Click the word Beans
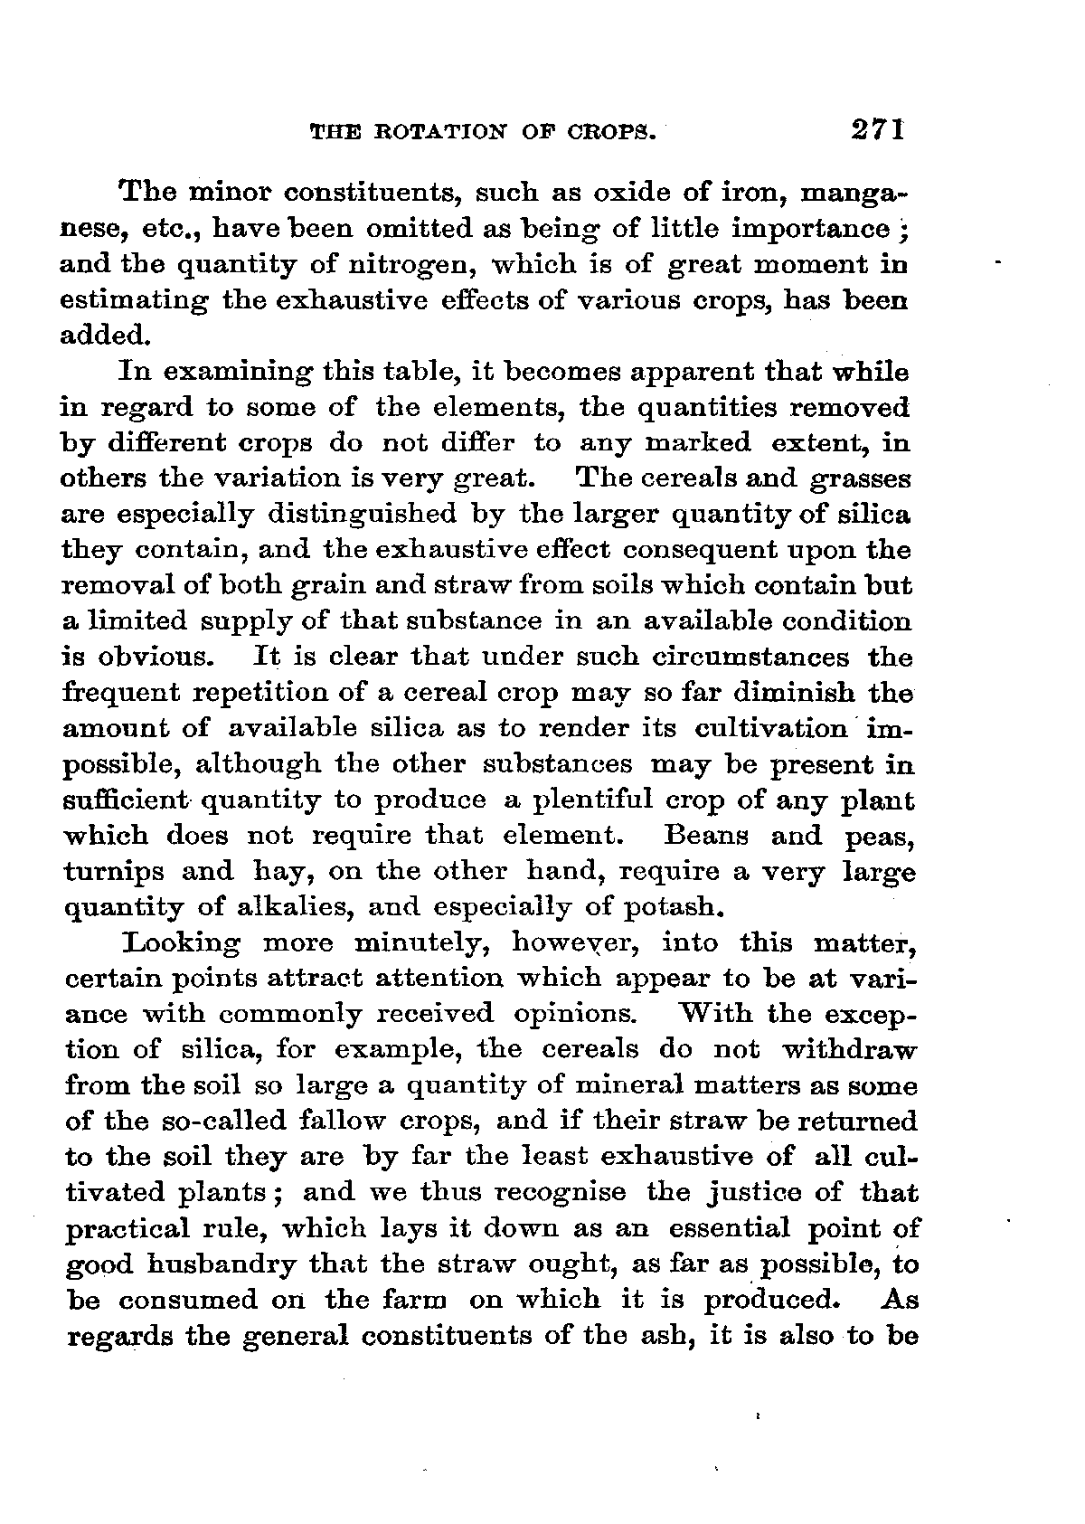705,837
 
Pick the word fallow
335,1122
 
